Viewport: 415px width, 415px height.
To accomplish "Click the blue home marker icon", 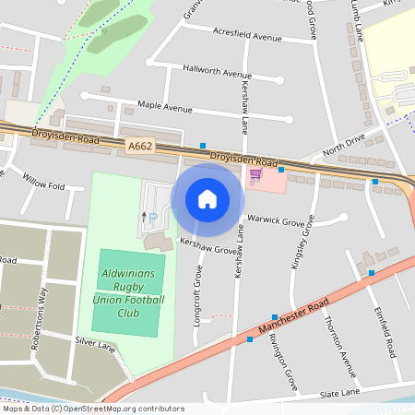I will pos(207,199).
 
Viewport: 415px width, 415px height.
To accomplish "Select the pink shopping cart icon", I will pos(255,172).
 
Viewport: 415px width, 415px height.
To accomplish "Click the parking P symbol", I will pos(153,218).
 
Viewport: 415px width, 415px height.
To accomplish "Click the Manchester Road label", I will pos(293,317).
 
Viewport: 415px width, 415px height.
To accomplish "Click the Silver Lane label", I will pos(95,344).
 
